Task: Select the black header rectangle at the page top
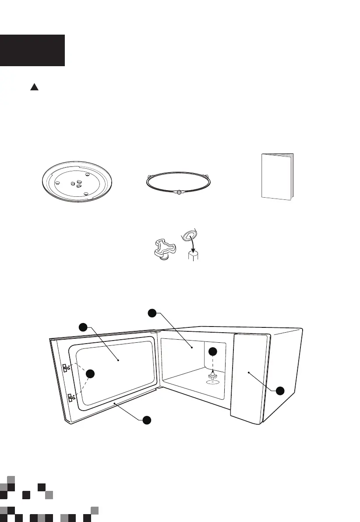(32, 50)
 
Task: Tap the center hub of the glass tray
(76, 183)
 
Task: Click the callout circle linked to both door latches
(90, 373)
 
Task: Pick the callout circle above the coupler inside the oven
(212, 351)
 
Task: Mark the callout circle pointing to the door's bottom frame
(147, 420)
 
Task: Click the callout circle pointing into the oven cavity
(152, 312)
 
